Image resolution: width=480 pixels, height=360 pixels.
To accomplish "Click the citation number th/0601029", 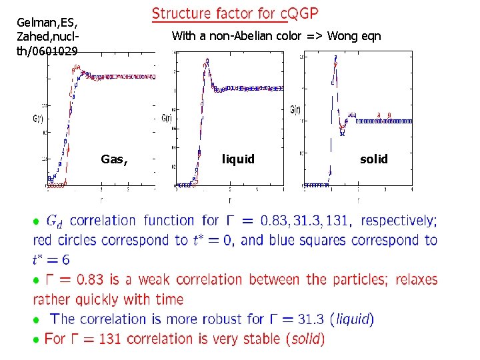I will click(47, 51).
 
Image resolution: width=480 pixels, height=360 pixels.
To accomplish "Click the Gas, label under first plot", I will click(114, 159).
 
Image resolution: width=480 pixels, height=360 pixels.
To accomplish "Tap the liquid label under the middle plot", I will click(238, 159).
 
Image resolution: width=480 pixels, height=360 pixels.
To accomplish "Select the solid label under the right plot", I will click(373, 159).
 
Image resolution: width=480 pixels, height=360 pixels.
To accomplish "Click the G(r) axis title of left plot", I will click(37, 119).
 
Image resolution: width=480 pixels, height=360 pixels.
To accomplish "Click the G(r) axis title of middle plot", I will click(168, 118).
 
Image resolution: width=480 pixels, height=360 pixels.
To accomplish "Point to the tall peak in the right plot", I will click(335, 59).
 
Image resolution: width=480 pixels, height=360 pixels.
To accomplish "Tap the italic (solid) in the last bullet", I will click(305, 339).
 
